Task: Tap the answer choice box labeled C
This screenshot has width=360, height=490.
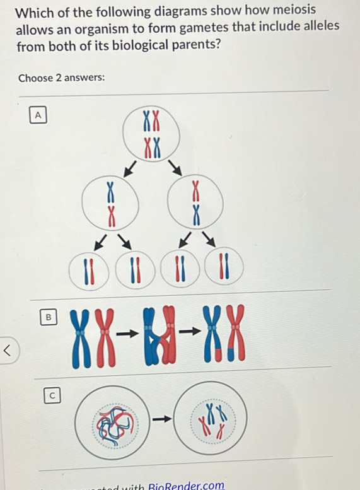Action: point(53,395)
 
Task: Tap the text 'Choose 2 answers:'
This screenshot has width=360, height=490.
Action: point(61,78)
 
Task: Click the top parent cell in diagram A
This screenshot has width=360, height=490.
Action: point(151,134)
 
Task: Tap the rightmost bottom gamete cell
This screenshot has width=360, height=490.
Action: point(223,269)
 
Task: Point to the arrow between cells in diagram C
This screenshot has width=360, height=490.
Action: point(162,417)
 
